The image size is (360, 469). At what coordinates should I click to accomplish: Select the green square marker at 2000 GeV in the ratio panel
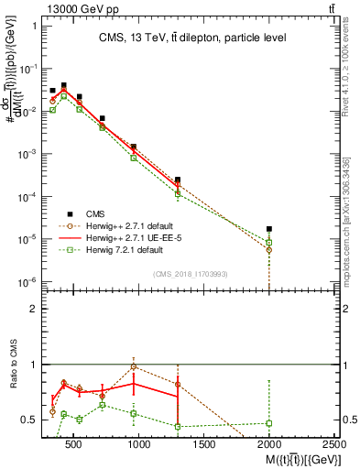(269, 423)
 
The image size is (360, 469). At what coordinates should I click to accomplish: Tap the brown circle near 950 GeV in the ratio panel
(134, 366)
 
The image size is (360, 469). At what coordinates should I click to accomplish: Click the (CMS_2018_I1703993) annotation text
(191, 273)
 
